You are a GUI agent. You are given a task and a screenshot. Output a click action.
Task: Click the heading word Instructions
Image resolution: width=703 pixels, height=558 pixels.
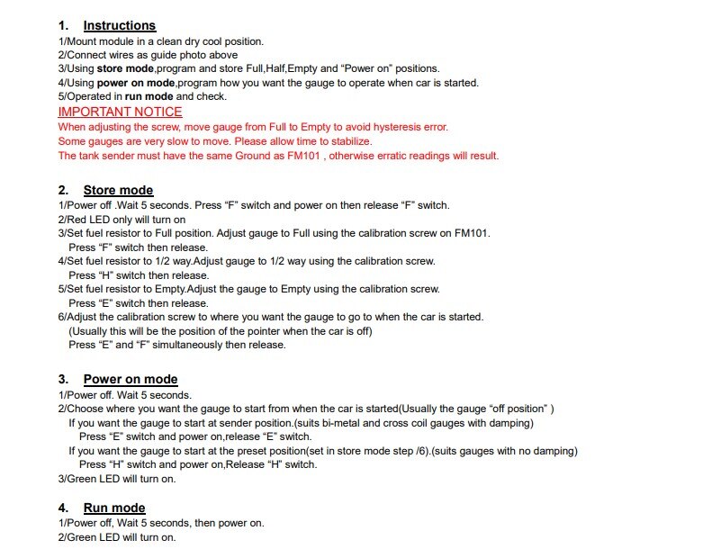[x=119, y=25]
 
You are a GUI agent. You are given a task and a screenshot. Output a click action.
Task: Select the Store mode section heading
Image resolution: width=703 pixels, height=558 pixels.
[x=118, y=190]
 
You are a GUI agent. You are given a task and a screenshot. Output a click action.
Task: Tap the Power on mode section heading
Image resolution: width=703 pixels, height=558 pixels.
[x=131, y=379]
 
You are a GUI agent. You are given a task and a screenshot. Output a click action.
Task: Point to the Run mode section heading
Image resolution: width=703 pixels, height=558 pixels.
[x=114, y=508]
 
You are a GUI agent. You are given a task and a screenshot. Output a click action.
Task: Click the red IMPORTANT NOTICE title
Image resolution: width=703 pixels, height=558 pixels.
[x=120, y=112]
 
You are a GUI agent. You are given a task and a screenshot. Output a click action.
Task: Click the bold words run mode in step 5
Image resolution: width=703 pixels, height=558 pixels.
[x=149, y=96]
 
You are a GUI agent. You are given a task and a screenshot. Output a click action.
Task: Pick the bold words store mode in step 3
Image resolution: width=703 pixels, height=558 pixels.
[x=125, y=68]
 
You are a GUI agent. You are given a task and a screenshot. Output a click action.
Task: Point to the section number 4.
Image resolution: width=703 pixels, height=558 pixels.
[x=63, y=508]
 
